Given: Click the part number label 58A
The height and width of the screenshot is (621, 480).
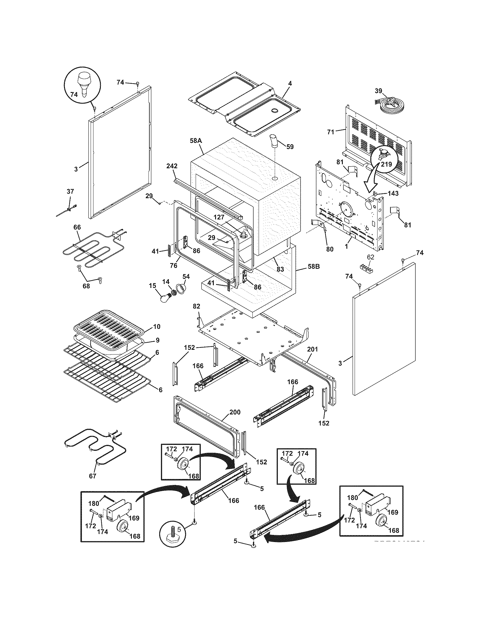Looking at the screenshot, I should coord(196,141).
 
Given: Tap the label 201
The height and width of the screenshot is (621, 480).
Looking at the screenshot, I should coord(312,349).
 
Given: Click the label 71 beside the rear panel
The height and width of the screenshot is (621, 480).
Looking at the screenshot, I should coord(331,132).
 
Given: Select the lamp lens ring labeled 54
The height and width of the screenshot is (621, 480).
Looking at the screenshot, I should coord(181,288).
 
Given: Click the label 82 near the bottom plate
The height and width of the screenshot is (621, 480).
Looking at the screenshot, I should coord(196,306).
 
